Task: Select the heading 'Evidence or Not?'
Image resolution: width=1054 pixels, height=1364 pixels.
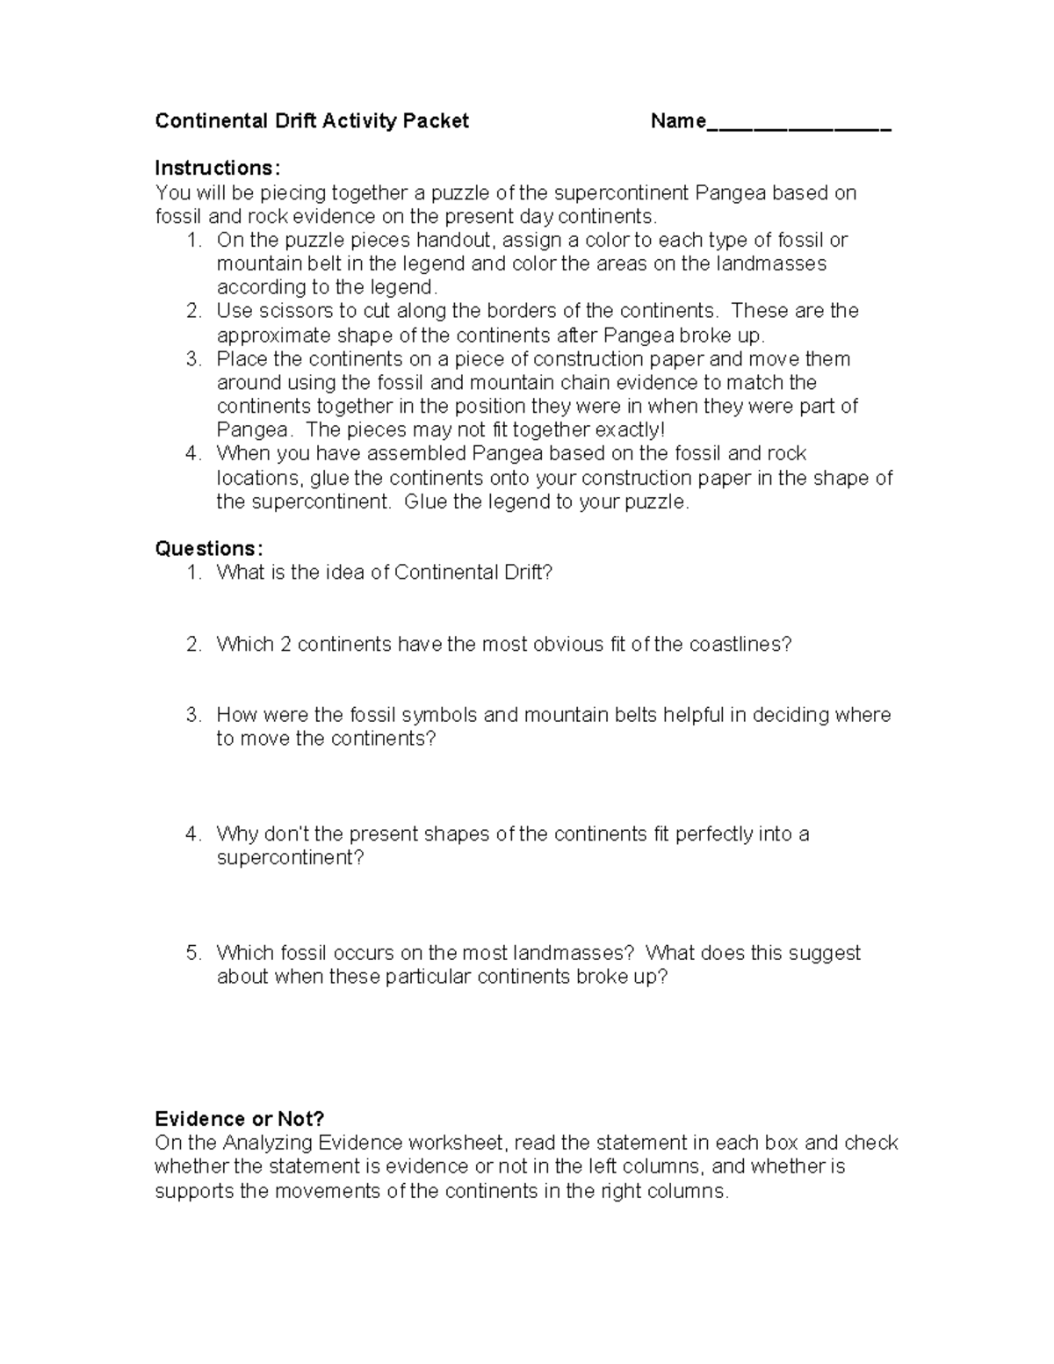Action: coord(239,1119)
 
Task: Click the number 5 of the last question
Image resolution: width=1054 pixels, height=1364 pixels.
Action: coord(193,953)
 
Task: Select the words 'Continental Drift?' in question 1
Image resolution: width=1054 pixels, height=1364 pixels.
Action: coord(473,573)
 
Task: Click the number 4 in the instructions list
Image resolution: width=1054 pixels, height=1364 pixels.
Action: coord(193,454)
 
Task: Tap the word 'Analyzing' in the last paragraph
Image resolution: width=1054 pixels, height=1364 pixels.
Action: coord(268,1143)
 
